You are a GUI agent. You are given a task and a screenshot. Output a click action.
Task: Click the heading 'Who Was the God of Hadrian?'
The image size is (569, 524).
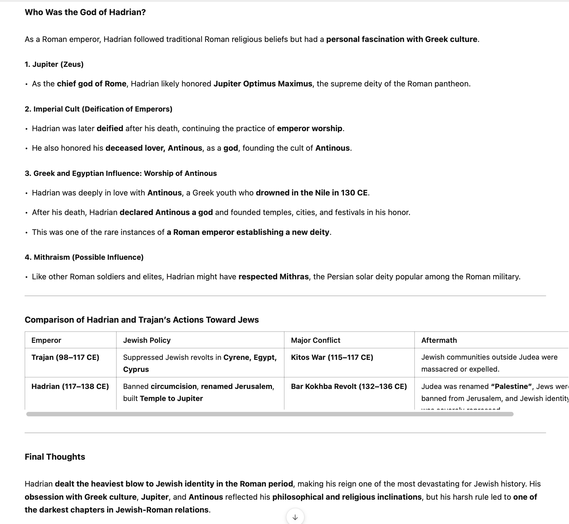pyautogui.click(x=85, y=12)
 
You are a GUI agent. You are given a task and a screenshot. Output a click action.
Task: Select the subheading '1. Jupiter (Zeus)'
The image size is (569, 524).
pyautogui.click(x=54, y=64)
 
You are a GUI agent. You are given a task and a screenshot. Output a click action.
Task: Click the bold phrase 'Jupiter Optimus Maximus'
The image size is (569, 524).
pyautogui.click(x=263, y=84)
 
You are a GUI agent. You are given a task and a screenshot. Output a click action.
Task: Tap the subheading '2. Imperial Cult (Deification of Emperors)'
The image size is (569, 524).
pyautogui.click(x=98, y=109)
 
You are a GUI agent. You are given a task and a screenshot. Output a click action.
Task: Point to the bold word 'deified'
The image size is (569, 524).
pyautogui.click(x=110, y=129)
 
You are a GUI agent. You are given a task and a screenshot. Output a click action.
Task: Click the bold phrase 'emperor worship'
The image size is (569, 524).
pyautogui.click(x=309, y=129)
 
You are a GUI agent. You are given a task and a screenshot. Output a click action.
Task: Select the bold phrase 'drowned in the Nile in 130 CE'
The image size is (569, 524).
pyautogui.click(x=311, y=193)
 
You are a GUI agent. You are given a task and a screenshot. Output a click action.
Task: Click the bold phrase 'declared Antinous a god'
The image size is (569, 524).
pyautogui.click(x=166, y=213)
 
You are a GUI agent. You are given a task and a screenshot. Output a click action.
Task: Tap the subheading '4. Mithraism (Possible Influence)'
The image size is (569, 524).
pyautogui.click(x=84, y=258)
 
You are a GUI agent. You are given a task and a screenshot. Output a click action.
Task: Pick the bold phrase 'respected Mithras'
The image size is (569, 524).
pyautogui.click(x=273, y=277)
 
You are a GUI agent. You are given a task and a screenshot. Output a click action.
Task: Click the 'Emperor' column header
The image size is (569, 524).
pyautogui.click(x=46, y=340)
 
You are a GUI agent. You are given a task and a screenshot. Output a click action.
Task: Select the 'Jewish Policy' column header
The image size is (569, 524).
pyautogui.click(x=147, y=340)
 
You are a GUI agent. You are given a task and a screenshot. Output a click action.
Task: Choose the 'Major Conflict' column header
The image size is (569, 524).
pyautogui.click(x=316, y=340)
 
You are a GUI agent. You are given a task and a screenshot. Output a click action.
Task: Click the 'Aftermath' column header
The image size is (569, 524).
pyautogui.click(x=439, y=340)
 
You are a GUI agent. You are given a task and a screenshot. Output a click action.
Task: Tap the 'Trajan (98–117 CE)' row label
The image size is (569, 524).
pyautogui.click(x=65, y=357)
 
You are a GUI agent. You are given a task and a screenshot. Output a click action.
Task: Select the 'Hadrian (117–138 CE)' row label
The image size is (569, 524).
pyautogui.click(x=70, y=386)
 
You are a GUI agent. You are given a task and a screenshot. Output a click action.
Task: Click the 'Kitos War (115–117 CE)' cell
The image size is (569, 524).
pyautogui.click(x=332, y=357)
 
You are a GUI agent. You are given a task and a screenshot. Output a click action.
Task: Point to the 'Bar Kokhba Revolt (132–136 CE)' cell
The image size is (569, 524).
pyautogui.click(x=349, y=386)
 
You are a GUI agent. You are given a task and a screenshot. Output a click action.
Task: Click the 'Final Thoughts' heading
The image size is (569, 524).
pyautogui.click(x=55, y=457)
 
